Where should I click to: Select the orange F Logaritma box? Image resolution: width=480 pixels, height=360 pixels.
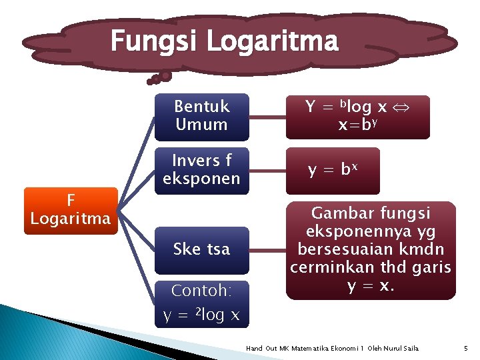(x=71, y=210)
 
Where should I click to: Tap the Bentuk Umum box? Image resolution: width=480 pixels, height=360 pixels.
(x=201, y=115)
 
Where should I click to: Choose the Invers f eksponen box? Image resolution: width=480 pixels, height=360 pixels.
(x=201, y=170)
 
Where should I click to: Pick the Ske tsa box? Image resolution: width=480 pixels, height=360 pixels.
(x=201, y=249)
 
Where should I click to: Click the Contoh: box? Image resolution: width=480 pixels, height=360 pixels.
(x=201, y=291)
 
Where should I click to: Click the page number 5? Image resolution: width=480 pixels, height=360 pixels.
(x=465, y=348)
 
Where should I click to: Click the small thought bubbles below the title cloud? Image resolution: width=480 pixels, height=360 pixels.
(x=159, y=78)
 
